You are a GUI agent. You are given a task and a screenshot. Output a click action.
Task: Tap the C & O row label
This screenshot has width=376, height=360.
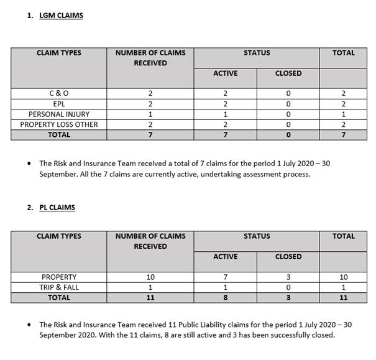59,93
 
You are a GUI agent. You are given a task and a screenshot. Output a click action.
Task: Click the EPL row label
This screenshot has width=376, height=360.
59,104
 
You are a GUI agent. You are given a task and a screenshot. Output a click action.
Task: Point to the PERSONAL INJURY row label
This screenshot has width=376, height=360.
59,114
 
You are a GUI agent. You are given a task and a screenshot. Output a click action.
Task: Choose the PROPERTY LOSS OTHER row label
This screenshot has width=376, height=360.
59,124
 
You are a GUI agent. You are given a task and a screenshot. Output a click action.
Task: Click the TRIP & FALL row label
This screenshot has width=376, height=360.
59,287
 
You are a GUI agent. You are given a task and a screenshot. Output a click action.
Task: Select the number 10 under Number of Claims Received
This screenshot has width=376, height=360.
150,277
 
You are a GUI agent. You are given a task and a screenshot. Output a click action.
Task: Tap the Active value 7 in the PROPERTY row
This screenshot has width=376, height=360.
225,277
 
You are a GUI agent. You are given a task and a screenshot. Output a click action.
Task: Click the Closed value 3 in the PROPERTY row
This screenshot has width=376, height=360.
288,277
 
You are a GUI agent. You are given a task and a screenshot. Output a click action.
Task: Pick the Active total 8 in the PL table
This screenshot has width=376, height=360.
225,298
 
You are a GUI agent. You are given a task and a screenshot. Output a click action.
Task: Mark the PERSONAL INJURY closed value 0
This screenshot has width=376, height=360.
288,114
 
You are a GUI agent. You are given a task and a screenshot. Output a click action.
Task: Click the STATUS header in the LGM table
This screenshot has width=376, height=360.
257,53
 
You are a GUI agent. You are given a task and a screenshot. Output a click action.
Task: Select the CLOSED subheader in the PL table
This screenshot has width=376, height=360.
288,256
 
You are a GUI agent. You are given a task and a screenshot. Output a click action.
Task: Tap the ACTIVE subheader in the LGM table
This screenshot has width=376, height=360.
225,73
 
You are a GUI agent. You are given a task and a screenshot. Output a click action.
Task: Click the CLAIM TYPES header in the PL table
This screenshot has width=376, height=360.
59,236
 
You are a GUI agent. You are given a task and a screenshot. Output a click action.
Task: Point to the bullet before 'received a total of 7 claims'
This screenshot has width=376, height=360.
29,164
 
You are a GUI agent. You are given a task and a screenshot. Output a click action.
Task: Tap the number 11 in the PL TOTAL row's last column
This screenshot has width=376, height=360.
344,298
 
